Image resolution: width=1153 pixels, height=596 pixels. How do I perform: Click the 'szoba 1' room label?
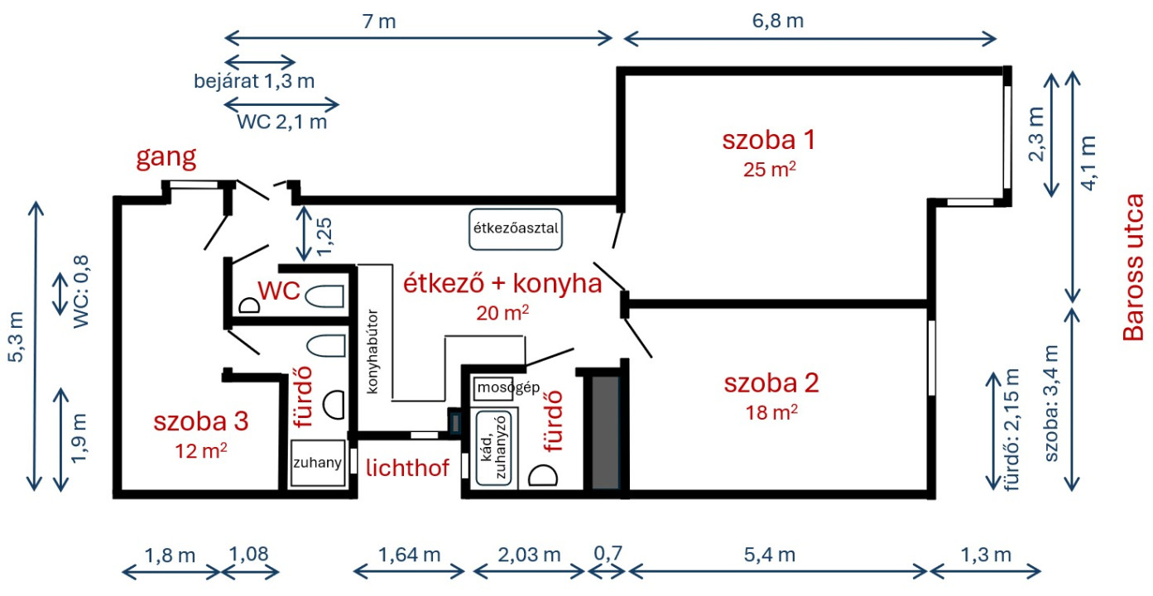769,140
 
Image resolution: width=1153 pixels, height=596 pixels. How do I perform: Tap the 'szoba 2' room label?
771,383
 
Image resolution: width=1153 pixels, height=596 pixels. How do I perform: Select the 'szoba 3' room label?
201,421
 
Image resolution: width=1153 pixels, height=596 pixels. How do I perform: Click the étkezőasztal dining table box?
515,229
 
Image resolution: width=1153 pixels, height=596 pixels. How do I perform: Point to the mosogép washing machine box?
493,388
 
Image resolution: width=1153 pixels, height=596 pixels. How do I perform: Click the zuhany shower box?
318,463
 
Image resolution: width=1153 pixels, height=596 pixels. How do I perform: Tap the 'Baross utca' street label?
1132,267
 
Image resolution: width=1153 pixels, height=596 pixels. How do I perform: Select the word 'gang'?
166,157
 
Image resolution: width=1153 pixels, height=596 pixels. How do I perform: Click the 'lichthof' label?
407,468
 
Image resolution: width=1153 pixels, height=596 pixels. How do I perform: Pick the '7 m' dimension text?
379,22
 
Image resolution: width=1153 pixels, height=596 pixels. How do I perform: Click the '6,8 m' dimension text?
778,21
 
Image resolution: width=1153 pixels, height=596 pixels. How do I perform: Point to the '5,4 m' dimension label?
770,555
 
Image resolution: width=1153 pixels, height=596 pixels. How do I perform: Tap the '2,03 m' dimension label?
529,555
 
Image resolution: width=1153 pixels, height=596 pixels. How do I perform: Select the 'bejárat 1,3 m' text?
254,81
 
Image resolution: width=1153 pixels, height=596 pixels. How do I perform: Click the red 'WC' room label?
279,291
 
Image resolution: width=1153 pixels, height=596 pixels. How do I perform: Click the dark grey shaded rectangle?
605,432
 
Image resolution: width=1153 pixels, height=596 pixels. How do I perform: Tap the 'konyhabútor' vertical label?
372,352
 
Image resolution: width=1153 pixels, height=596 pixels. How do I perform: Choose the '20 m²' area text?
502,312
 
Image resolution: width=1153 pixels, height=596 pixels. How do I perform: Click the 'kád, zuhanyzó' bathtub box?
494,448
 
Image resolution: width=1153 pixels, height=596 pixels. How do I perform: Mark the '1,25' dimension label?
324,237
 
